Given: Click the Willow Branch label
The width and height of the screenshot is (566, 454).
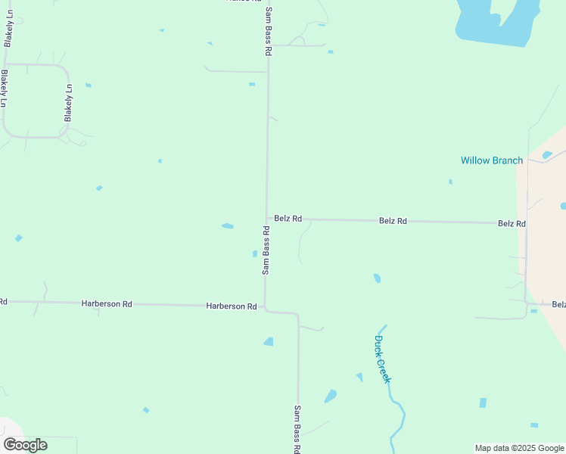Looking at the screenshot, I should click(491, 160).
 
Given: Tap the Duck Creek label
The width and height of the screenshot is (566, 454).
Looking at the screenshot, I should click(382, 359).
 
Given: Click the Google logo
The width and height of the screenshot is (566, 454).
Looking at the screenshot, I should click(25, 445).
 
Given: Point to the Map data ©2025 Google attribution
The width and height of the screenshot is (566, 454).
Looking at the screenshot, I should click(519, 448).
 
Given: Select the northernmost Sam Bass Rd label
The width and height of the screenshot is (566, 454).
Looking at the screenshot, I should click(268, 33).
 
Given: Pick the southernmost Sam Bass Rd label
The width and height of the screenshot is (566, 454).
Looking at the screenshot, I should click(298, 429).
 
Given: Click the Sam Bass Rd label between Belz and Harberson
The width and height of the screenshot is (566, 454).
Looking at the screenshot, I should click(266, 250).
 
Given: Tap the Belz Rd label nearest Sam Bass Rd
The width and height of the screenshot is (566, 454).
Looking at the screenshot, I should click(288, 219).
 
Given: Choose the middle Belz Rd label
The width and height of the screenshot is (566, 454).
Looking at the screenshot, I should click(393, 221).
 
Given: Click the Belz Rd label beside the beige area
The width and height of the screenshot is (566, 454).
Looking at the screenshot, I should click(512, 224).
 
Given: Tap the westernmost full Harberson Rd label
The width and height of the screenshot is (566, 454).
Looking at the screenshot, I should click(107, 303).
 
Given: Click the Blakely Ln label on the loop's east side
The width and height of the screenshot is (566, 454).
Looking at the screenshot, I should click(68, 103).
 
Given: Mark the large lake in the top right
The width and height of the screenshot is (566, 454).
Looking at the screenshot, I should click(496, 23).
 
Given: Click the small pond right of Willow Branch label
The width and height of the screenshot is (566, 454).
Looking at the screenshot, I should click(547, 154).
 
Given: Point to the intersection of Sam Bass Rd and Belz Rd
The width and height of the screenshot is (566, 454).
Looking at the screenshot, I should click(267, 219).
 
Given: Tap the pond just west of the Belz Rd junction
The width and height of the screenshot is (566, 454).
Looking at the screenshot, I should click(228, 225).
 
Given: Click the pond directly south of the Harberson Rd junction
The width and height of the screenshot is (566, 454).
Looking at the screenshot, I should click(269, 342).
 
